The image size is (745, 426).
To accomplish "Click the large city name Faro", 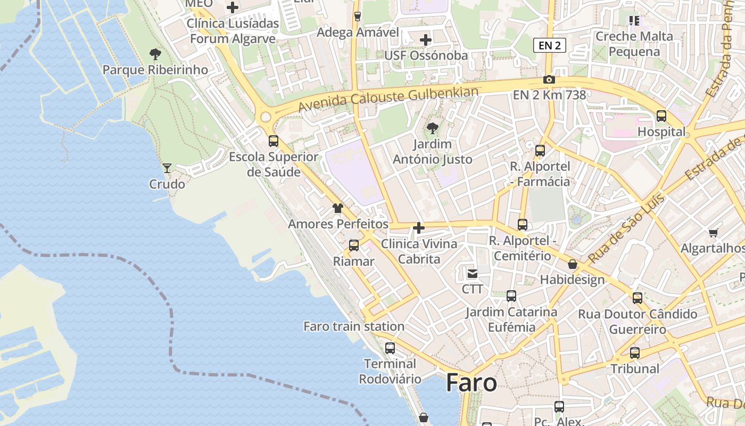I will tap(471, 383).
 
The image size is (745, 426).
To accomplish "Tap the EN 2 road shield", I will tap(549, 45).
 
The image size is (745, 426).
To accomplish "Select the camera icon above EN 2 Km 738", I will tap(549, 80).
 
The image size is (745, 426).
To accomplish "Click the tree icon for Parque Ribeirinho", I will tap(155, 54).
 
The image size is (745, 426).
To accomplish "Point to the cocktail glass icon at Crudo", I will tap(167, 168).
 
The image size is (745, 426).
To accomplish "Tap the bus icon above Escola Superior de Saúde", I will tap(274, 141).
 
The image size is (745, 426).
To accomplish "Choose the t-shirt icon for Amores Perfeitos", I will tap(338, 208).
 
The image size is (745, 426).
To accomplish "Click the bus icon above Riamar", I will tap(354, 245).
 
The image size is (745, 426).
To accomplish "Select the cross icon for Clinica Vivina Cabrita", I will tap(419, 228).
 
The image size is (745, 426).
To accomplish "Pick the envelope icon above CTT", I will tap(472, 274).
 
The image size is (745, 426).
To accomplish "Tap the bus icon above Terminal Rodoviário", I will tap(390, 348).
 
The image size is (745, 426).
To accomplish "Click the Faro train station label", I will tap(354, 326).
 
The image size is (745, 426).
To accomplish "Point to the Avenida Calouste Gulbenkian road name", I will tap(388, 99).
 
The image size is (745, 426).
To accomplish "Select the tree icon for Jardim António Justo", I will tap(433, 128).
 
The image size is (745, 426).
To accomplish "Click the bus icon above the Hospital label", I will tap(661, 116).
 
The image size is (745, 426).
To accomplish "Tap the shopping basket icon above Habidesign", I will tap(573, 264).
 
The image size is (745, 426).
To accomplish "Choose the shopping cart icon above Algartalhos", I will tap(713, 233).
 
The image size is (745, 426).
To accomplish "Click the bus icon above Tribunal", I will tap(635, 353).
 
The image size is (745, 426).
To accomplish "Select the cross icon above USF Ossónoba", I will tap(426, 40).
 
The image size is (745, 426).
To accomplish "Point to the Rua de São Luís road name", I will tap(626, 230).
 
